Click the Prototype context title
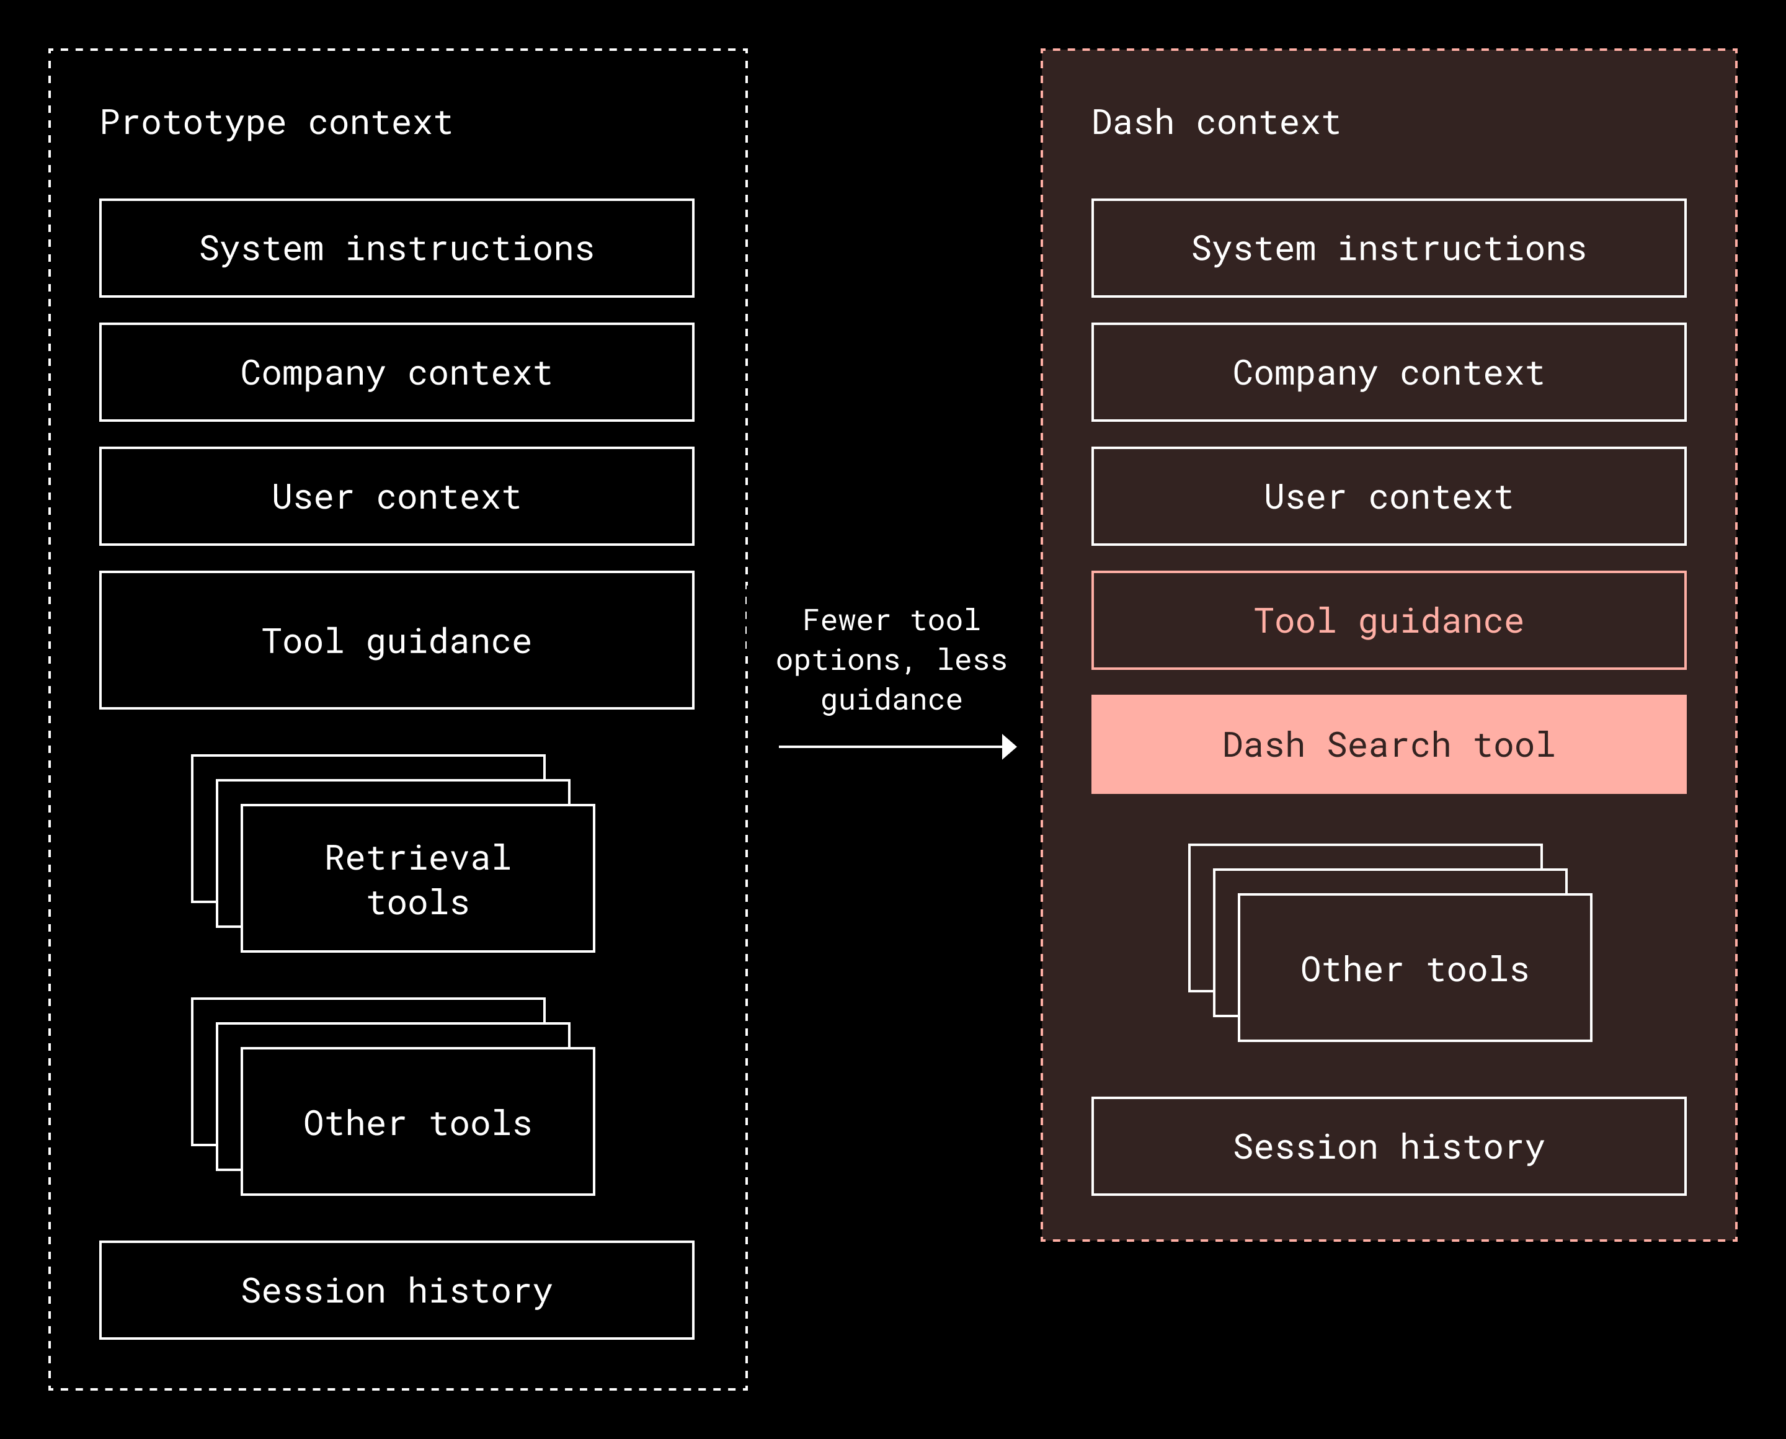(276, 123)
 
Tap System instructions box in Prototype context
(396, 248)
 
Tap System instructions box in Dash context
(1388, 248)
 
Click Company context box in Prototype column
(396, 372)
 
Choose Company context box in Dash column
(1388, 372)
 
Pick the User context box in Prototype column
(396, 497)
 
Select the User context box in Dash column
(1388, 497)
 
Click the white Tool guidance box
(396, 640)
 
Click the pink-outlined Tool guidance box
(1388, 620)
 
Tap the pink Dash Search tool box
(1388, 744)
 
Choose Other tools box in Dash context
(1414, 968)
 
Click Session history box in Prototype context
(396, 1290)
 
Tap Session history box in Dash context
(1388, 1146)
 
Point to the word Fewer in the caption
(845, 620)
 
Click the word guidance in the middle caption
(891, 700)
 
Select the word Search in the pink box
(1388, 744)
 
